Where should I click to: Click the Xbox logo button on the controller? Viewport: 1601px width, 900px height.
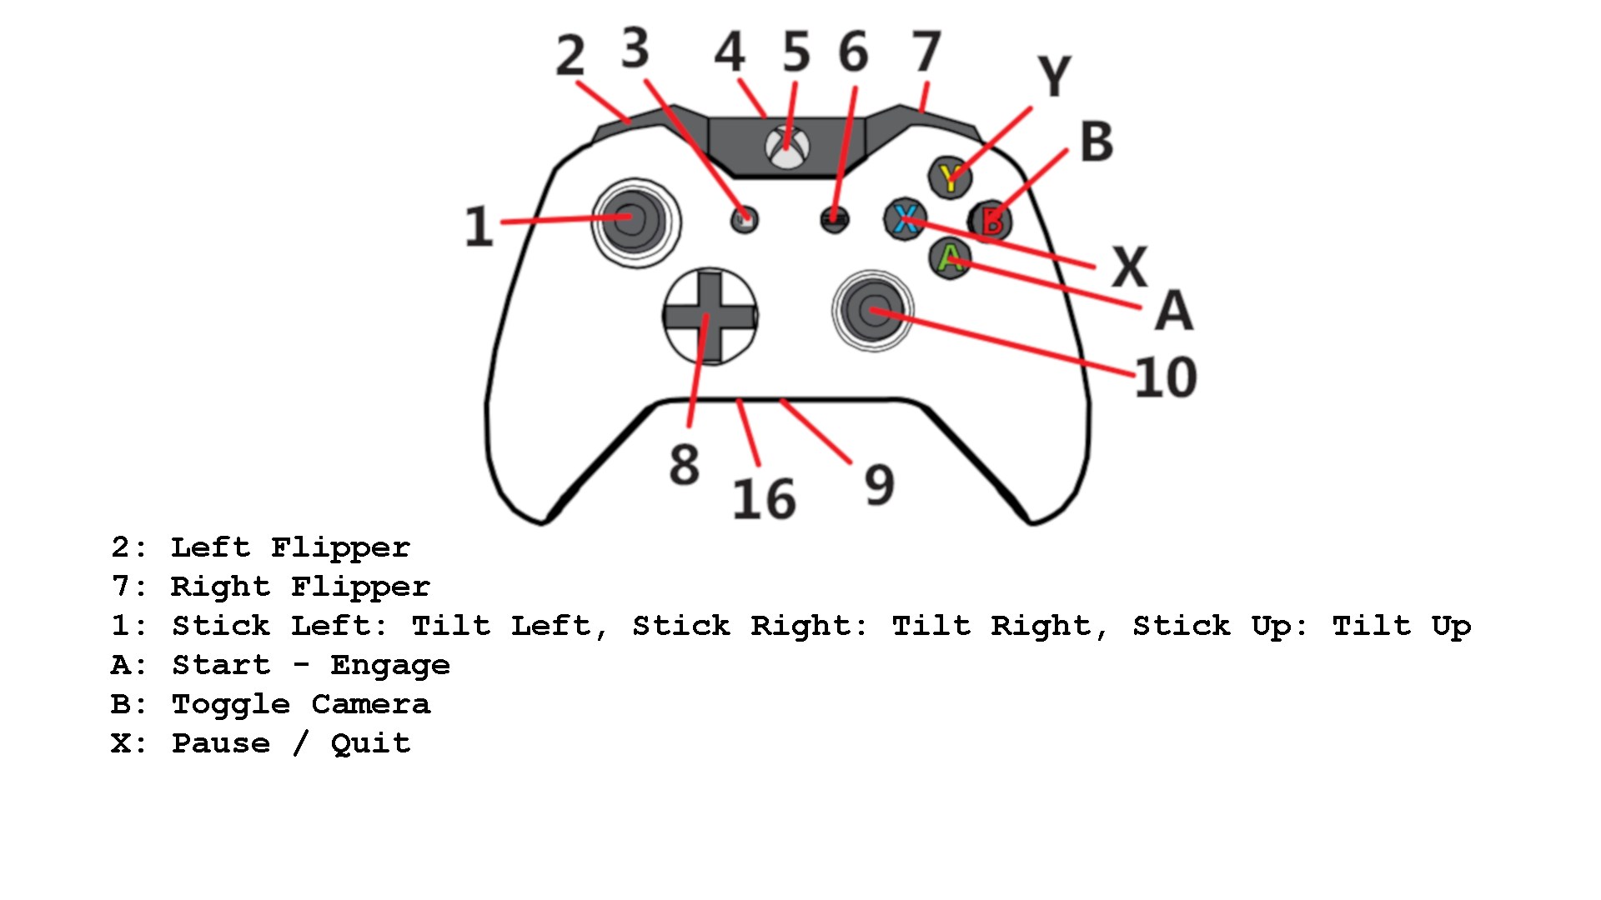[x=787, y=147]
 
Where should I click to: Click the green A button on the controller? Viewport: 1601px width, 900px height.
[x=950, y=257]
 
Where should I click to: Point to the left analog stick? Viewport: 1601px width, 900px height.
[x=635, y=222]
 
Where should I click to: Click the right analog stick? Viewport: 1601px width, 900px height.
[x=873, y=311]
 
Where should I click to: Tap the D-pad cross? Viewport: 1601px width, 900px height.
[x=710, y=316]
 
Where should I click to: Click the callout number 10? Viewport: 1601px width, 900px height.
[x=1166, y=377]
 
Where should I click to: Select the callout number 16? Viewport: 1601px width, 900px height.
[x=764, y=499]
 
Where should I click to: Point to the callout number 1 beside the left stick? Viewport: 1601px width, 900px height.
[x=479, y=226]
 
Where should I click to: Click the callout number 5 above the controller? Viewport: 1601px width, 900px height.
[x=796, y=52]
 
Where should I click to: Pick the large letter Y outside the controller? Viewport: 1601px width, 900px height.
[x=1055, y=76]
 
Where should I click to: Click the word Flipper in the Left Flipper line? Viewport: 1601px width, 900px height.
[x=340, y=548]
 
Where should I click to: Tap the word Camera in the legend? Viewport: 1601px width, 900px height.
[x=371, y=704]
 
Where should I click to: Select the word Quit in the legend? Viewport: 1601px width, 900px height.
[x=371, y=742]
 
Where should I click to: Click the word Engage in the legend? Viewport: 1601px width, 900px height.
[x=390, y=666]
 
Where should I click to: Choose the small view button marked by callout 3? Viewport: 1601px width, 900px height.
[x=745, y=219]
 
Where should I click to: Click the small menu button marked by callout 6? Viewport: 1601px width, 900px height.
[x=835, y=219]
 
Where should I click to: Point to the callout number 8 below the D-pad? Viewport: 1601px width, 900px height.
[x=685, y=465]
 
